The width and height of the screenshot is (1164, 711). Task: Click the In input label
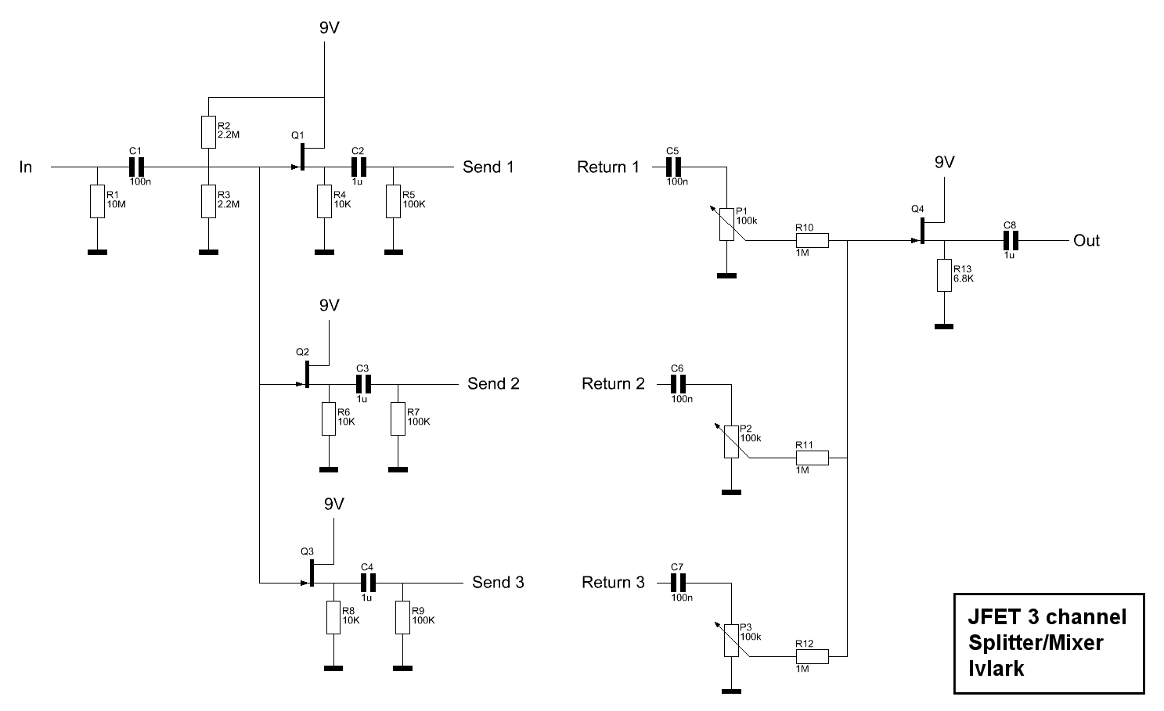pyautogui.click(x=26, y=167)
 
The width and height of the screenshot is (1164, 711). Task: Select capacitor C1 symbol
pyautogui.click(x=137, y=167)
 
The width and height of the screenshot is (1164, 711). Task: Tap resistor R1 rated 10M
pyautogui.click(x=96, y=201)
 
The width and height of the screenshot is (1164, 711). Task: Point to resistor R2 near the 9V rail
pyautogui.click(x=208, y=133)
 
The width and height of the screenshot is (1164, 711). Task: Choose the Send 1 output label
pyautogui.click(x=488, y=167)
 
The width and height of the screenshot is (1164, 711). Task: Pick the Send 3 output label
pyautogui.click(x=498, y=583)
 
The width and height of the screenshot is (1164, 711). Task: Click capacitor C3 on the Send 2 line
pyautogui.click(x=362, y=384)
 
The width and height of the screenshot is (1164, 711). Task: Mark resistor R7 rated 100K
pyautogui.click(x=398, y=419)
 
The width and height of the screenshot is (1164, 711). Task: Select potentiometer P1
pyautogui.click(x=726, y=224)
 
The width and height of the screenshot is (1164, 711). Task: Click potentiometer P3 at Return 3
pyautogui.click(x=731, y=641)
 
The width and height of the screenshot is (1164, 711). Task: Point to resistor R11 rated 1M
pyautogui.click(x=813, y=458)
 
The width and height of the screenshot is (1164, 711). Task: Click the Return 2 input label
pyautogui.click(x=614, y=384)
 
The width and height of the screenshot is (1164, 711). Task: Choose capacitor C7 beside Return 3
pyautogui.click(x=678, y=583)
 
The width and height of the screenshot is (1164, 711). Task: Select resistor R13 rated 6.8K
pyautogui.click(x=944, y=275)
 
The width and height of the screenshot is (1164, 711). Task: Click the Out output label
pyautogui.click(x=1087, y=241)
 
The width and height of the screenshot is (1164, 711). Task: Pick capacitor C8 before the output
pyautogui.click(x=1010, y=241)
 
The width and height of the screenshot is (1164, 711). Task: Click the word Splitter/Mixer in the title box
pyautogui.click(x=1036, y=643)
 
